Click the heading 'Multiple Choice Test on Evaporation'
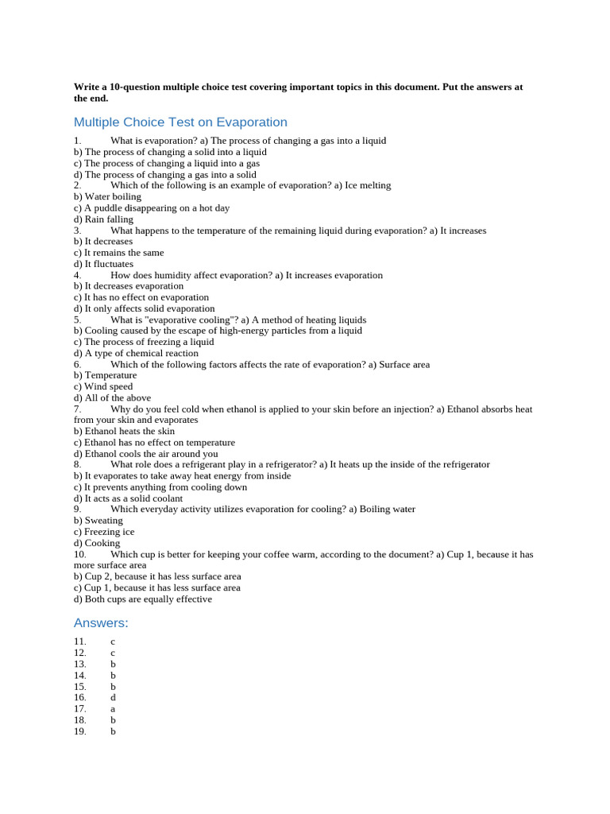(180, 122)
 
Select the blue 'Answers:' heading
(101, 622)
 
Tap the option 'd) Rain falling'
(103, 219)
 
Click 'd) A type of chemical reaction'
(136, 353)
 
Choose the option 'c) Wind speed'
(103, 386)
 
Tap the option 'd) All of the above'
(112, 397)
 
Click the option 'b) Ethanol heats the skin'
(124, 431)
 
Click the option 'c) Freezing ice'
(104, 532)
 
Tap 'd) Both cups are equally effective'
(143, 599)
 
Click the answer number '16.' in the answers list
(80, 697)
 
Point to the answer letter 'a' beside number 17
(114, 708)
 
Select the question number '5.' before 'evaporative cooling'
(78, 320)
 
